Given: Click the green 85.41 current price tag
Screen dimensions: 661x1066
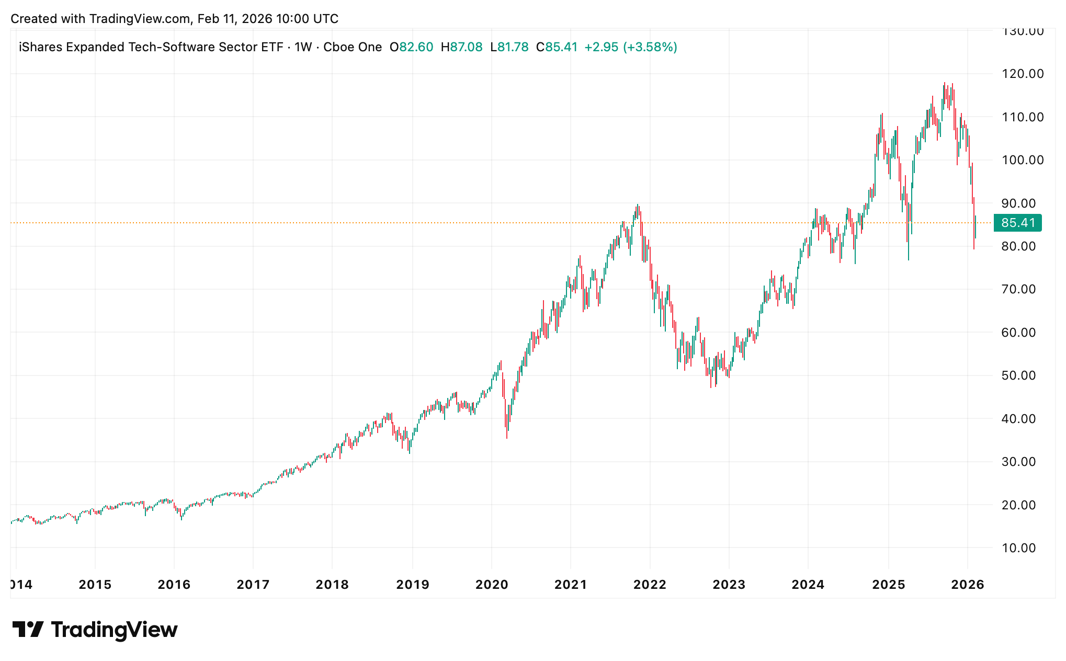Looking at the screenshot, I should [1017, 223].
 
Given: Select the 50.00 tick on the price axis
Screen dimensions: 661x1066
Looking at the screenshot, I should [1018, 375].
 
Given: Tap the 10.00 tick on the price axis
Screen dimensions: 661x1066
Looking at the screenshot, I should [1018, 548].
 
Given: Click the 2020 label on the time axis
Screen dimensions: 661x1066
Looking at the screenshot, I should [492, 585].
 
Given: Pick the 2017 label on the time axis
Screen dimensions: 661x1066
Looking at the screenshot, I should [253, 585].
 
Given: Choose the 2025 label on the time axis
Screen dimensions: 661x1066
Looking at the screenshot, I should [888, 585].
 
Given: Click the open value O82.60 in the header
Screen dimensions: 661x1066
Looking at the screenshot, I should [412, 47].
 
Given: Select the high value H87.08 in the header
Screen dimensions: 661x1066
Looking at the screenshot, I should [461, 47].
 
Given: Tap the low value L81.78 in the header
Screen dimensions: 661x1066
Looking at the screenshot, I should [509, 47].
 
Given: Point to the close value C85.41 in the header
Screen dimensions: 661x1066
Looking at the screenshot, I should [557, 47].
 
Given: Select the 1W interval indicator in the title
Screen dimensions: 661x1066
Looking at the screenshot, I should [303, 47].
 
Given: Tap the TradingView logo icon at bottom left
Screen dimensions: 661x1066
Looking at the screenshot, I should [28, 629].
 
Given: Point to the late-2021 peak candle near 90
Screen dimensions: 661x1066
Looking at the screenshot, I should [637, 208].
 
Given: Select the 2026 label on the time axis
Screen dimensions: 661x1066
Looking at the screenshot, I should [967, 585].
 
